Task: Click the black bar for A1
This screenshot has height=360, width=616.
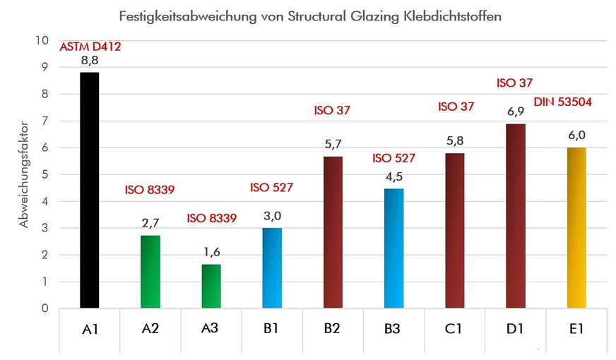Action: click(x=90, y=191)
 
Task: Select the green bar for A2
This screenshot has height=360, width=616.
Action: click(x=150, y=272)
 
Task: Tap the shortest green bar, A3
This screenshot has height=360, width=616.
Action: click(x=211, y=286)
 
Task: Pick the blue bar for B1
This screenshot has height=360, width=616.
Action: click(x=272, y=268)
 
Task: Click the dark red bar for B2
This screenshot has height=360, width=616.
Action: click(x=333, y=232)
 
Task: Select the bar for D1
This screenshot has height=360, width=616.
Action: click(x=516, y=216)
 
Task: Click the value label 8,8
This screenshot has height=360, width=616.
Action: click(x=90, y=61)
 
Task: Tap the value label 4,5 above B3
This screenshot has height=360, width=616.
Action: click(x=393, y=176)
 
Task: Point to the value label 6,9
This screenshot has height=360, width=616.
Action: click(x=516, y=112)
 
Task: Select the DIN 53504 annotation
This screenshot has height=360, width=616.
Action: click(x=563, y=102)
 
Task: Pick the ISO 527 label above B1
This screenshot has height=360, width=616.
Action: click(x=271, y=188)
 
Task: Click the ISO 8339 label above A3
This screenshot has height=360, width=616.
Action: click(x=211, y=218)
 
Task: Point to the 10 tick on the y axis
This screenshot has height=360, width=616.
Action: click(x=42, y=41)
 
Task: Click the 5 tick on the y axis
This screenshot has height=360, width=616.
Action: click(x=45, y=175)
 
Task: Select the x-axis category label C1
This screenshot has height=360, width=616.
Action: click(x=454, y=329)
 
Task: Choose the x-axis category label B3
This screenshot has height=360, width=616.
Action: click(x=393, y=329)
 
